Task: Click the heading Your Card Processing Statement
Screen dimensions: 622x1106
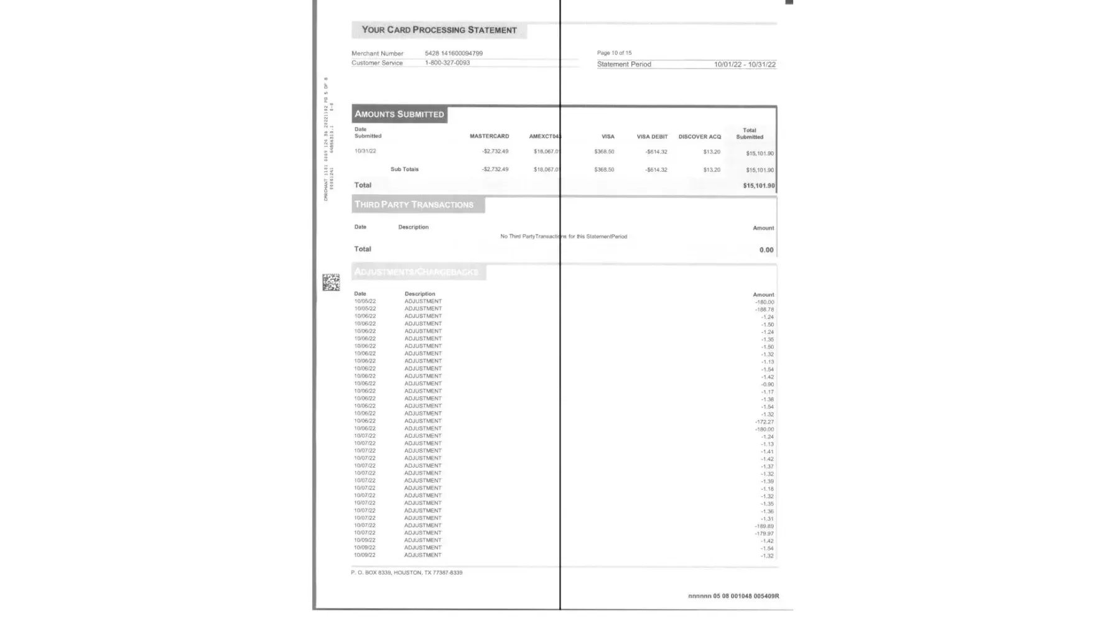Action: [x=439, y=30]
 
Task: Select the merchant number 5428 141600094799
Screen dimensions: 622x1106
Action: [x=453, y=53]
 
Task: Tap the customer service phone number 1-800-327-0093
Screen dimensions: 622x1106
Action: [x=447, y=63]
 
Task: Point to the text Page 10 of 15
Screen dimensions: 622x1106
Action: [x=614, y=53]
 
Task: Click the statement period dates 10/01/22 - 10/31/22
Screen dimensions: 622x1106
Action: [x=745, y=65]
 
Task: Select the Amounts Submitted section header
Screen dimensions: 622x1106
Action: [x=399, y=114]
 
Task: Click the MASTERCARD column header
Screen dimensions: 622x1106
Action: [x=489, y=136]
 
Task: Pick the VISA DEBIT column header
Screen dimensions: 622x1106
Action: [x=652, y=137]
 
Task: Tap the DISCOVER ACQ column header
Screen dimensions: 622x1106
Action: [x=700, y=137]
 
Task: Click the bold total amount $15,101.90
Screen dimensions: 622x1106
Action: [x=759, y=186]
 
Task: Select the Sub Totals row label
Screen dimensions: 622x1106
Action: [x=404, y=169]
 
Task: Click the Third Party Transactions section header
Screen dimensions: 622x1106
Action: [x=414, y=205]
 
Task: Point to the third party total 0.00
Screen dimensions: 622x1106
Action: [x=766, y=250]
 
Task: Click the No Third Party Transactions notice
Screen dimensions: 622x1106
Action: [x=564, y=236]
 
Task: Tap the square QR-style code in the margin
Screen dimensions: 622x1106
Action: [x=331, y=282]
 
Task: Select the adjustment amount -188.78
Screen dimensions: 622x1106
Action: [x=764, y=310]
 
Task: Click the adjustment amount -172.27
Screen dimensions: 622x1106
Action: [x=764, y=422]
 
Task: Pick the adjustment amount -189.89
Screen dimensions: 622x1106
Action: [x=764, y=526]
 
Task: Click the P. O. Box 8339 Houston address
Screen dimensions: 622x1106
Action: [x=407, y=573]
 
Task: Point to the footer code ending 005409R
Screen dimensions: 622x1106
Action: [x=733, y=596]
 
